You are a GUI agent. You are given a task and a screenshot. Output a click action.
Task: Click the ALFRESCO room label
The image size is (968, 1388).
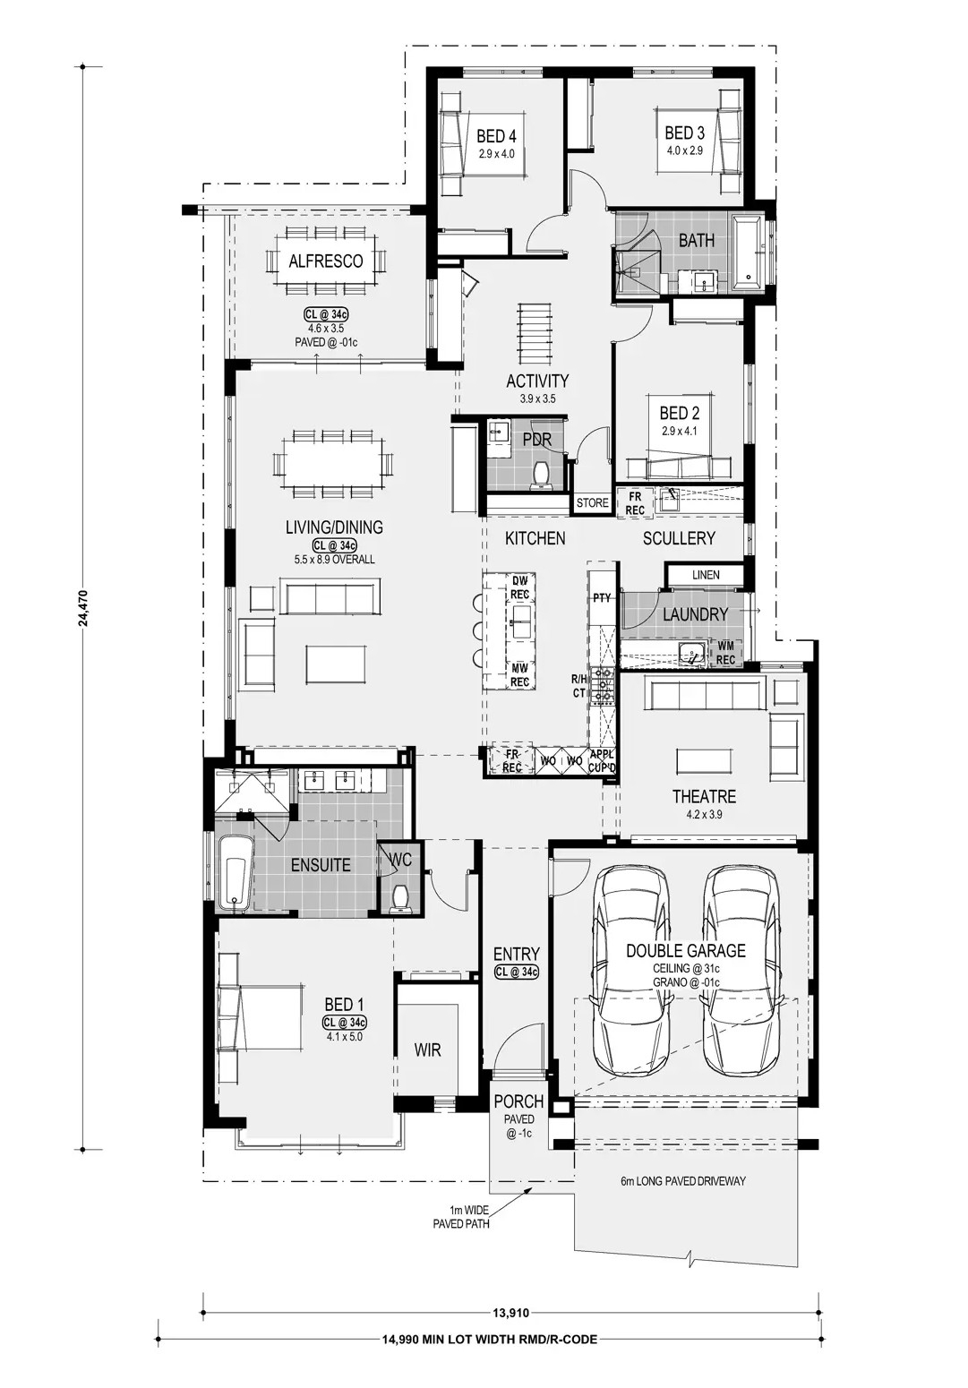[326, 261]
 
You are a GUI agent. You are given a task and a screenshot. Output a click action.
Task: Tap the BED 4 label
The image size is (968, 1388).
[496, 136]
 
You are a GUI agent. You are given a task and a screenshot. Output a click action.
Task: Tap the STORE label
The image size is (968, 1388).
[593, 502]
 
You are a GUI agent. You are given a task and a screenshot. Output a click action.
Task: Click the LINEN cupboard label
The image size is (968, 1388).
[706, 575]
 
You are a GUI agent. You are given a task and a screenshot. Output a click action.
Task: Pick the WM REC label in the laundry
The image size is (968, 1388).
[725, 653]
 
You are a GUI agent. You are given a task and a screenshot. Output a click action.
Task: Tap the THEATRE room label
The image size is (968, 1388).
[704, 796]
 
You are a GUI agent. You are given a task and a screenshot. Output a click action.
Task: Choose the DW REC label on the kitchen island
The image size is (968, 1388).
[519, 587]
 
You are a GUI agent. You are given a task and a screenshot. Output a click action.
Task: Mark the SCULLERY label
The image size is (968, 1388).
[679, 538]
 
